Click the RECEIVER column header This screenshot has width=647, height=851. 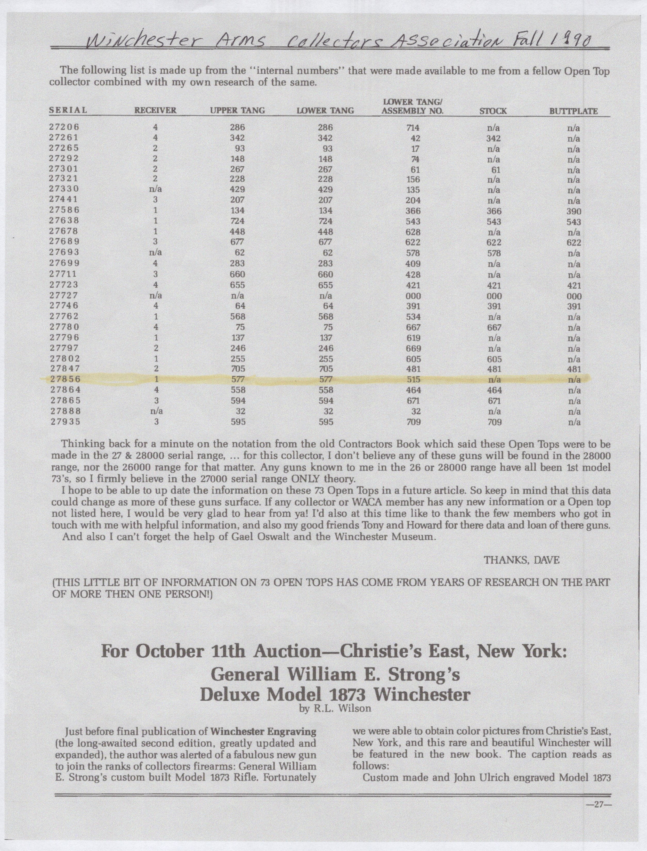tap(155, 110)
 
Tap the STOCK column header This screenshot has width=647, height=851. tap(493, 111)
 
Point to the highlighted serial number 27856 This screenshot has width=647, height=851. tap(65, 379)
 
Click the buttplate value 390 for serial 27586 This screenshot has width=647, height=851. tap(574, 212)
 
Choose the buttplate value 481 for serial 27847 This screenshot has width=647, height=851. tap(574, 369)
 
